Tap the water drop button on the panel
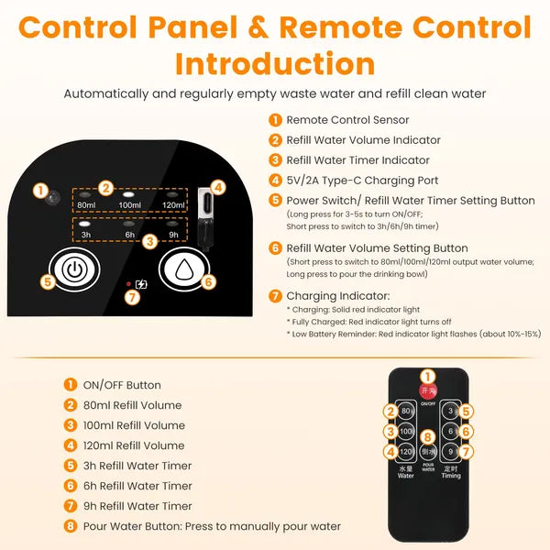186,270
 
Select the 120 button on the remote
406,451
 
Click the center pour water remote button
428,451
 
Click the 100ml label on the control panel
130,205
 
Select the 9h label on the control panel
173,234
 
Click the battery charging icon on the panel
139,285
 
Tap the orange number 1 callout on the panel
39,191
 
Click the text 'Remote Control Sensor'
347,120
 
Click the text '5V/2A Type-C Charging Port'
362,181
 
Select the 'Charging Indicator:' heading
337,296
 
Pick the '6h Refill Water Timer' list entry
135,486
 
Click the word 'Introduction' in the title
275,63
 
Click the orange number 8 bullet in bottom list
71,526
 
